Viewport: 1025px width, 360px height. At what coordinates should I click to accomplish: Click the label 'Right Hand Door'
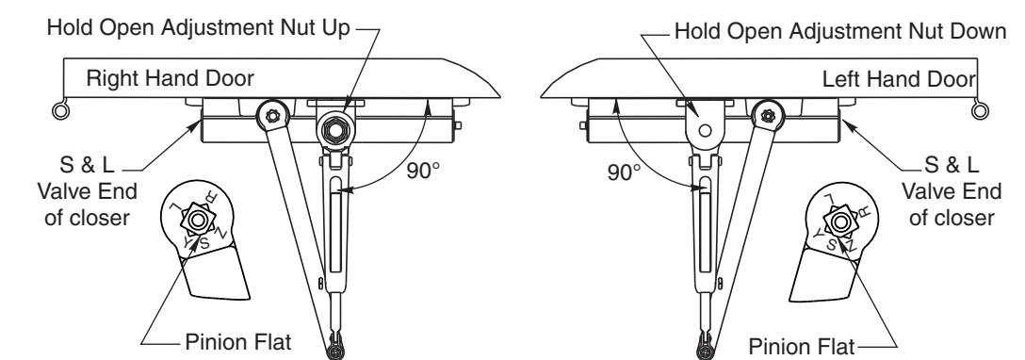170,79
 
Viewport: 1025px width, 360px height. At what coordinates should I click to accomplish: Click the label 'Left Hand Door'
898,80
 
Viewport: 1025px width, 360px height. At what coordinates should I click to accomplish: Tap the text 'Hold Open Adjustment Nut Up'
199,28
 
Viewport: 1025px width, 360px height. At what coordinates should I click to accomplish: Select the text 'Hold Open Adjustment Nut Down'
840,31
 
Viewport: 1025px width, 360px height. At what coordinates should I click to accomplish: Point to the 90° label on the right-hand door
423,171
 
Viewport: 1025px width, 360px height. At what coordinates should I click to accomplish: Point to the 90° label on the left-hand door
625,172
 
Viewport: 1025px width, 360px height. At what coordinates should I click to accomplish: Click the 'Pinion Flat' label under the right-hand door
238,342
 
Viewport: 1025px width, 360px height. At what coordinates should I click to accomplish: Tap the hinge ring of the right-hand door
61,110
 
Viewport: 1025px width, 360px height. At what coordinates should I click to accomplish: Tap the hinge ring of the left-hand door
981,110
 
